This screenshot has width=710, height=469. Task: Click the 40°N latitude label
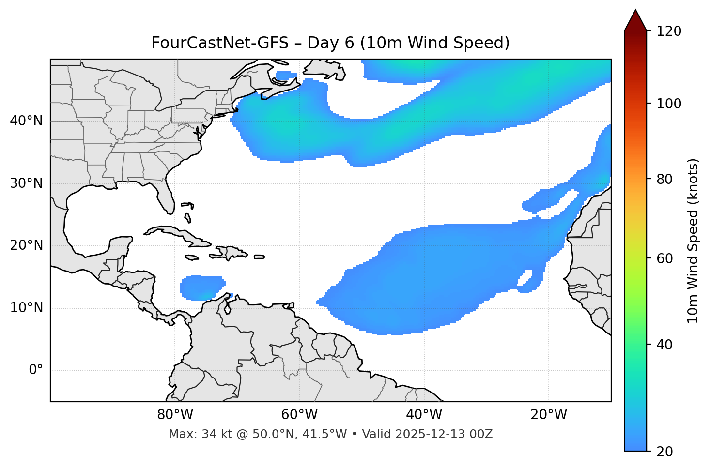(26, 121)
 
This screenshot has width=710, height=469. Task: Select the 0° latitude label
(36, 370)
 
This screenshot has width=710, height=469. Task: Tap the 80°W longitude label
(175, 415)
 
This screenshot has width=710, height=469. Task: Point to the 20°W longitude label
(549, 415)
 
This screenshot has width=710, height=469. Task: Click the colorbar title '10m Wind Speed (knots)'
(693, 241)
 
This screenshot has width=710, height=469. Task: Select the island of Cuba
(177, 233)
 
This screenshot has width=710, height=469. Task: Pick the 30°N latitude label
(26, 183)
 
